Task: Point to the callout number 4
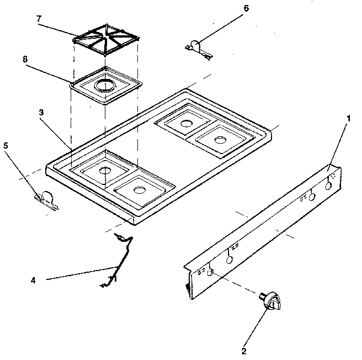pos(33,280)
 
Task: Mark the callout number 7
pos(38,19)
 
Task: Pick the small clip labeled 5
pos(46,199)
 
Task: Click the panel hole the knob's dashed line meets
pos(209,273)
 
